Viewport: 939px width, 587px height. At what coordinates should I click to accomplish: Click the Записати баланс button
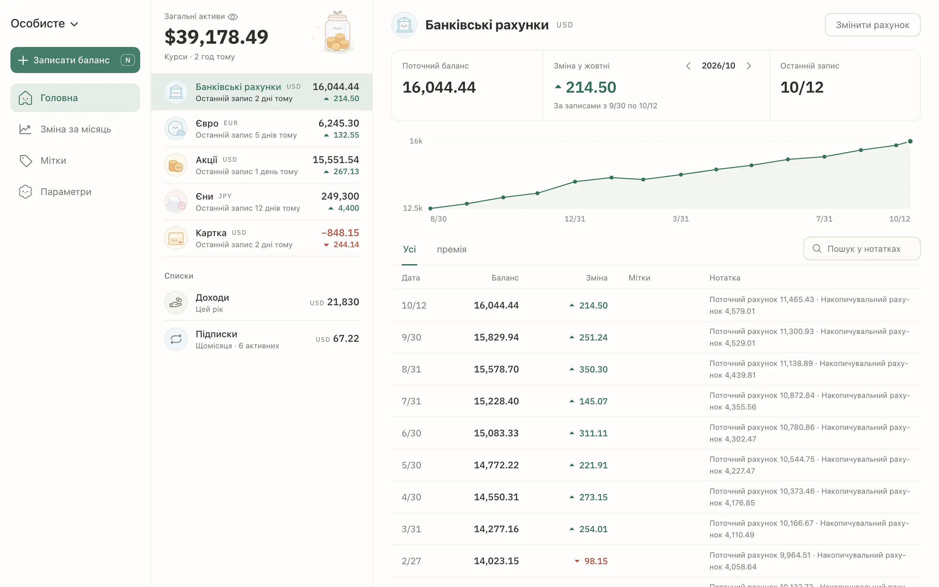[75, 60]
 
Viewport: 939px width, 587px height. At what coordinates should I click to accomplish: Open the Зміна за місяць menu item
[75, 129]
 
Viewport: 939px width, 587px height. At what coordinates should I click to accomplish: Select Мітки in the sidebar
[75, 161]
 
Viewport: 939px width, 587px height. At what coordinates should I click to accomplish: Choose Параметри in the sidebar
[75, 192]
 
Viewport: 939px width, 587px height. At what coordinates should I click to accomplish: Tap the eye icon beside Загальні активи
[233, 17]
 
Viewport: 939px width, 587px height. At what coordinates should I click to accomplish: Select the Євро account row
[262, 129]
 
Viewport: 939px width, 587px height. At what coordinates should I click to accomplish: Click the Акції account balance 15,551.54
[335, 159]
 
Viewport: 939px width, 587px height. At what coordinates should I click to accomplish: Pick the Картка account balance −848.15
[340, 233]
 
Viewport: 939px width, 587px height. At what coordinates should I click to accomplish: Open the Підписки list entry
[262, 339]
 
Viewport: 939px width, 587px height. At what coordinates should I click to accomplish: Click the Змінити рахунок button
[872, 25]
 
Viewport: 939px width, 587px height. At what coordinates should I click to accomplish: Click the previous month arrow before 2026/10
[688, 66]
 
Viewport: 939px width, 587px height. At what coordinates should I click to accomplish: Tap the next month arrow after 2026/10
[749, 66]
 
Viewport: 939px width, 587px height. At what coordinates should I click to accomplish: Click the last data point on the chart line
[910, 141]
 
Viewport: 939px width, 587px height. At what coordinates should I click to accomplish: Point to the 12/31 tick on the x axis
[575, 219]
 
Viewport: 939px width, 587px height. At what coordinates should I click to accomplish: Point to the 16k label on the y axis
[416, 141]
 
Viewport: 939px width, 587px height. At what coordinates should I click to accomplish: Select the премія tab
[452, 249]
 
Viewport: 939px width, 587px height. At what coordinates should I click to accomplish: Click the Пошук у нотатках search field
[862, 249]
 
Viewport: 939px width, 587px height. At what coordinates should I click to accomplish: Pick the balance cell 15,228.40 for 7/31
[496, 401]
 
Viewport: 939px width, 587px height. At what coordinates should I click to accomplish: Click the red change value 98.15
[596, 561]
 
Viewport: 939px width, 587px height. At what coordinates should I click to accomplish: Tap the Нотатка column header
[725, 278]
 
